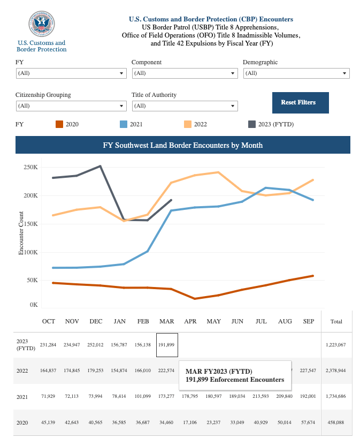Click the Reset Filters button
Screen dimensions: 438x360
[300, 102]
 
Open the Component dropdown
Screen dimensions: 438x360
[185, 73]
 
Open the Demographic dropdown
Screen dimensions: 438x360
[296, 73]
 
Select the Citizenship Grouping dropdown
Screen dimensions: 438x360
[71, 106]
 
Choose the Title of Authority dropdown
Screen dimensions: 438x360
[185, 106]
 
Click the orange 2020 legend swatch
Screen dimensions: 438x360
[59, 124]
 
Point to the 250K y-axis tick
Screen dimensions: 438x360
[30, 167]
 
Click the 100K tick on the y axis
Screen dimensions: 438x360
[30, 252]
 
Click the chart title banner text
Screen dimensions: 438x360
[182, 145]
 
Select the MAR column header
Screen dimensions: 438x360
[167, 321]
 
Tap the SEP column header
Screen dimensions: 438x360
[309, 321]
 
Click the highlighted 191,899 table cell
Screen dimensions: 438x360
[167, 345]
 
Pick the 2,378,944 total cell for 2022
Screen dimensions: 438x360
[336, 371]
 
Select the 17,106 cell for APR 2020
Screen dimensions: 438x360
[190, 422]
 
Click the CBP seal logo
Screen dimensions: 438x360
[42, 25]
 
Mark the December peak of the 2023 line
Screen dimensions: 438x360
[100, 166]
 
